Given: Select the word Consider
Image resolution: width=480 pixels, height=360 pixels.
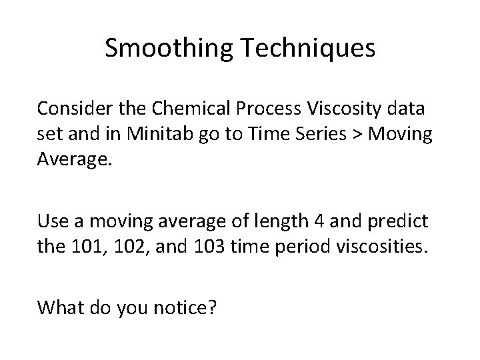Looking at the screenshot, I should pyautogui.click(x=71, y=107).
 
